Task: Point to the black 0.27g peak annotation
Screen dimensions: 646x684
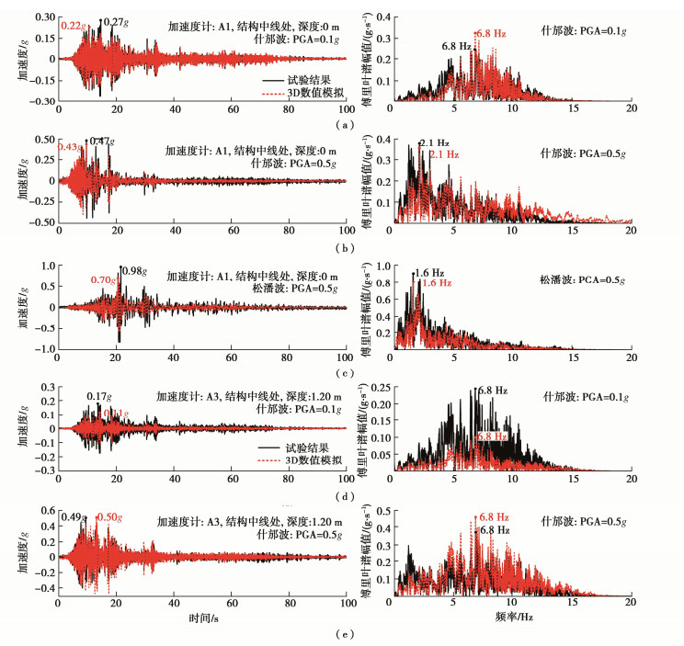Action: tap(114, 21)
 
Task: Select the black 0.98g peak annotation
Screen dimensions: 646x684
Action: tap(134, 270)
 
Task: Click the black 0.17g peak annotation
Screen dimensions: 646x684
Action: tap(99, 397)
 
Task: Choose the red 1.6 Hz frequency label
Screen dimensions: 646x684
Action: tap(438, 284)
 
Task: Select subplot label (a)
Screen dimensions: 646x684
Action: tap(343, 125)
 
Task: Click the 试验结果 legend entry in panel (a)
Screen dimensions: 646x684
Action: tap(301, 81)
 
